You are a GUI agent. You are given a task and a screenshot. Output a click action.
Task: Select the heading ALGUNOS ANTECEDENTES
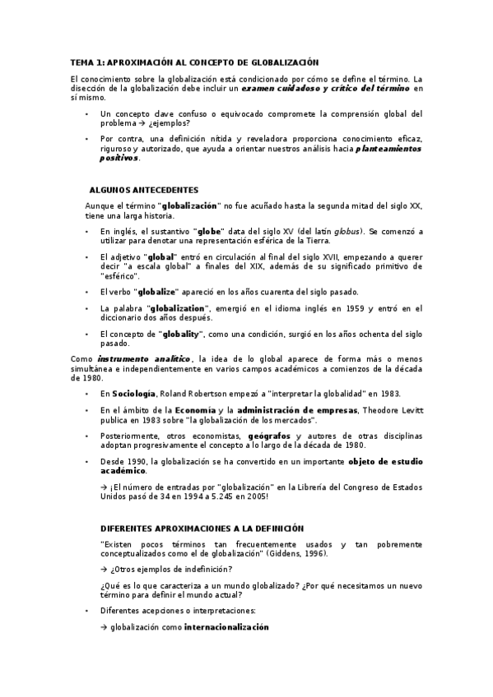[x=143, y=190]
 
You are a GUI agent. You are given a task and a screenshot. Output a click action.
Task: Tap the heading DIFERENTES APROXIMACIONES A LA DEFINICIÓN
[x=202, y=529]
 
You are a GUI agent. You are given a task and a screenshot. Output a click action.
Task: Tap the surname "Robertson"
[x=221, y=394]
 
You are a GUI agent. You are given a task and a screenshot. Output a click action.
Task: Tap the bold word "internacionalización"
[x=226, y=627]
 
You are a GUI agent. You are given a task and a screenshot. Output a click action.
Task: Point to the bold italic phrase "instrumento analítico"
[x=143, y=359]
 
